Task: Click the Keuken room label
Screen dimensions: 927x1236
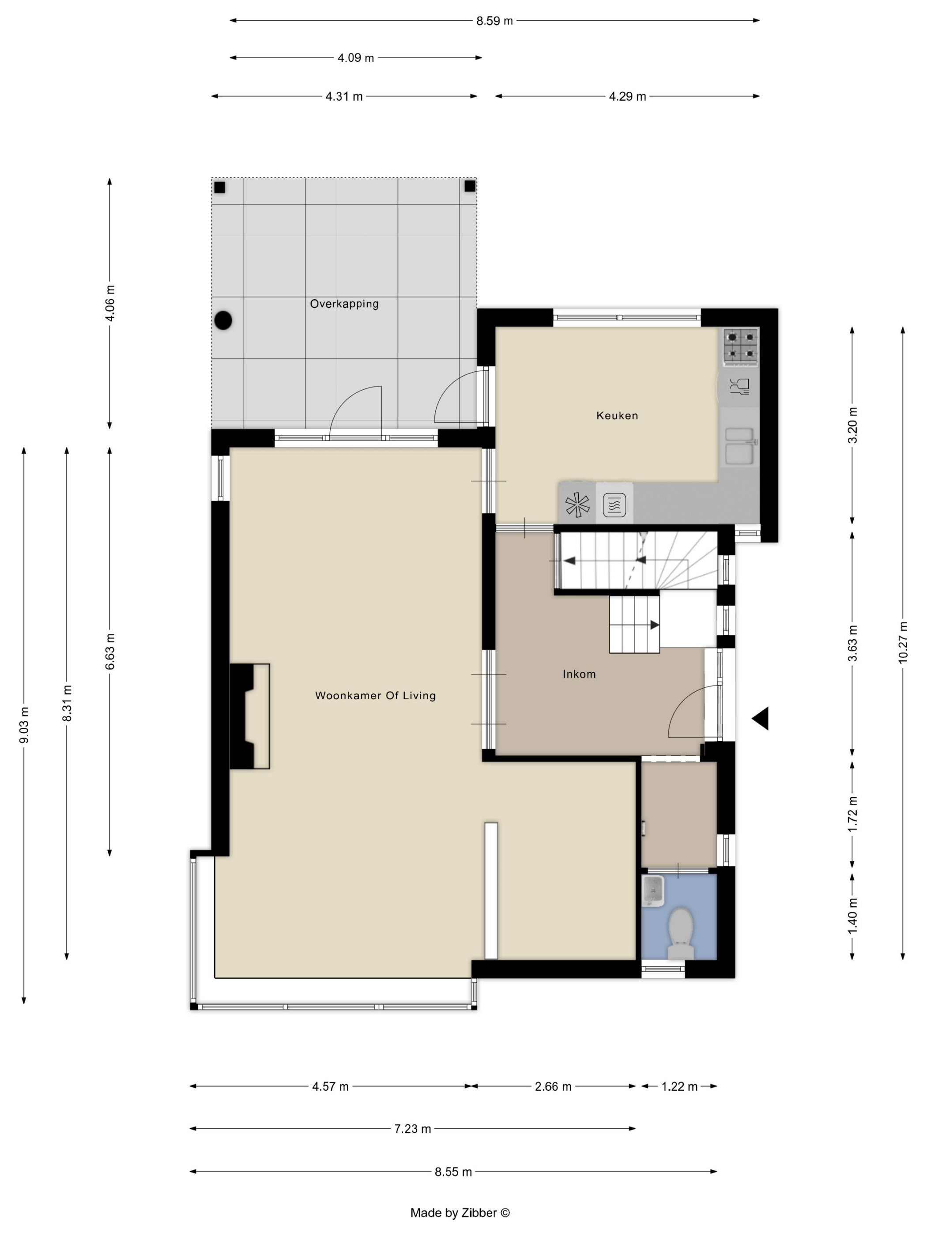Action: (x=616, y=415)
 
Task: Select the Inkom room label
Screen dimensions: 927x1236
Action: (x=579, y=674)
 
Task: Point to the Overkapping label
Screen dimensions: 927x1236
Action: (x=344, y=304)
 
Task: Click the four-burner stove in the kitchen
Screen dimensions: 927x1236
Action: (x=741, y=347)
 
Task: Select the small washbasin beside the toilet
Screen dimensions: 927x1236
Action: (x=652, y=891)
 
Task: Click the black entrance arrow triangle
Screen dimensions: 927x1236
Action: (x=761, y=718)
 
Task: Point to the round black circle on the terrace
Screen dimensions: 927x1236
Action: (x=223, y=320)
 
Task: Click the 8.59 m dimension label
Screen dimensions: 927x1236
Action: (x=494, y=21)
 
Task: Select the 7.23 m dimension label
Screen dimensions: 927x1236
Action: (x=412, y=1129)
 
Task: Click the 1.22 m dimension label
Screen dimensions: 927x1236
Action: (x=679, y=1086)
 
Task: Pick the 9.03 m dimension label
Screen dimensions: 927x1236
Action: (x=24, y=725)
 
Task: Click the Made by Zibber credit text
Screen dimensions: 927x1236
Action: (x=460, y=1213)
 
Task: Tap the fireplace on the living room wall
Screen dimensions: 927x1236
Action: (x=250, y=716)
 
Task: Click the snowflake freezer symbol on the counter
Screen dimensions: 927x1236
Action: (x=577, y=505)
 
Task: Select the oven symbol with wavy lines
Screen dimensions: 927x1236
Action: (x=614, y=505)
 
